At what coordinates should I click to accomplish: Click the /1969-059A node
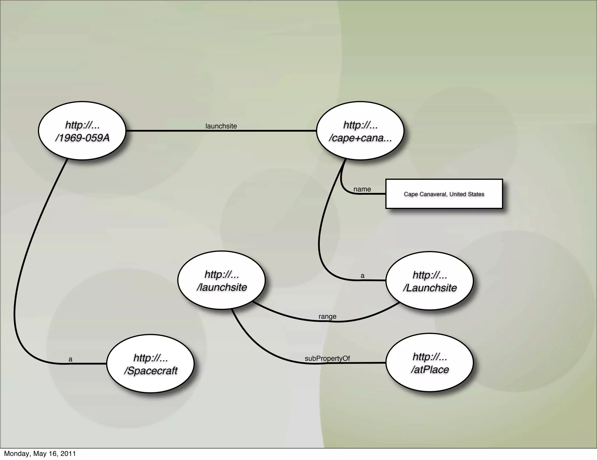(82, 131)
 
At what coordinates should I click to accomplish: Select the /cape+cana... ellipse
(360, 131)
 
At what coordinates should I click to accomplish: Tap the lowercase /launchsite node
(222, 280)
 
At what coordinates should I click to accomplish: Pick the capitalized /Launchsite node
(430, 281)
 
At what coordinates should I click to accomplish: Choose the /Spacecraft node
(150, 364)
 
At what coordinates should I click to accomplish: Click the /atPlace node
(430, 363)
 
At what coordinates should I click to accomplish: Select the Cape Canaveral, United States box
(444, 194)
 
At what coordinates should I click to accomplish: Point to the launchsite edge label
(221, 126)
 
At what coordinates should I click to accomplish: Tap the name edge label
(362, 189)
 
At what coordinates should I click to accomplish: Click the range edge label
(327, 316)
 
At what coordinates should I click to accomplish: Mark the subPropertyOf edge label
(327, 358)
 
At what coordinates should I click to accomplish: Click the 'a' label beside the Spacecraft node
(70, 359)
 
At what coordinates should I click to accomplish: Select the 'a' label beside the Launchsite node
(362, 276)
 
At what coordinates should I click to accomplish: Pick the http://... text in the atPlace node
(430, 356)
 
